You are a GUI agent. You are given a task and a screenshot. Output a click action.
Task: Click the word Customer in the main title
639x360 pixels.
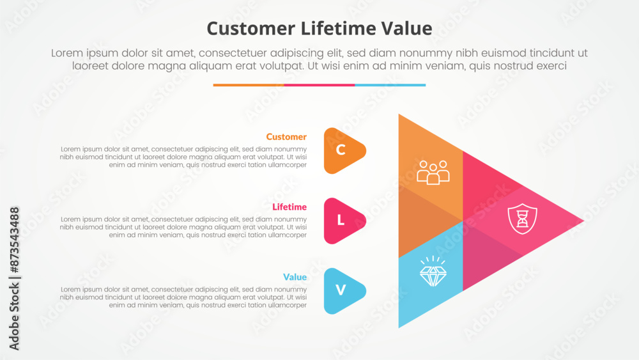coord(250,29)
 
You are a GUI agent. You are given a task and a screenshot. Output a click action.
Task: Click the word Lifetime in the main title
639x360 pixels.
coord(338,29)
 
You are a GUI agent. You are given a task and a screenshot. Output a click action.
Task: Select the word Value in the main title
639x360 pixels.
coord(406,29)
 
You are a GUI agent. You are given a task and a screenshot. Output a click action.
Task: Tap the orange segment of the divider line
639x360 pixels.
coord(249,85)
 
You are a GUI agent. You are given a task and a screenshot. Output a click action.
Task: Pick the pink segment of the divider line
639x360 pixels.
coord(319,85)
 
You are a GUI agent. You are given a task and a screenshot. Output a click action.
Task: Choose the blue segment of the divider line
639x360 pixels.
coord(390,85)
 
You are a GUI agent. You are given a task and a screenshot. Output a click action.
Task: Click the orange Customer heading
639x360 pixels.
coord(286,137)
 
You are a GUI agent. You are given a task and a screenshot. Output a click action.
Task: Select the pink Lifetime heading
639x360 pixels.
coord(289,207)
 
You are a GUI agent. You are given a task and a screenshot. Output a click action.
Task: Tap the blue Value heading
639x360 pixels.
coord(295,278)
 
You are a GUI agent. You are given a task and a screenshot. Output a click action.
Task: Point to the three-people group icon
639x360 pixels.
coord(433,173)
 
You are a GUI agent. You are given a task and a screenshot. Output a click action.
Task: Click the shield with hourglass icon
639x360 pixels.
coord(522,219)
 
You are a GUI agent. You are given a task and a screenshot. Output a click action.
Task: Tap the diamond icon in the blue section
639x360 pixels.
coord(433,272)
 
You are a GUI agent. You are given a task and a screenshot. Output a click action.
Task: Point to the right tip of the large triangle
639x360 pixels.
coord(584,221)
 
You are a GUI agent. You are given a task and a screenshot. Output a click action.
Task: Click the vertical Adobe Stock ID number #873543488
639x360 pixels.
coord(14,240)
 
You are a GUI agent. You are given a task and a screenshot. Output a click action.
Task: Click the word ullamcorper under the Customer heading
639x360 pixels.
coord(286,165)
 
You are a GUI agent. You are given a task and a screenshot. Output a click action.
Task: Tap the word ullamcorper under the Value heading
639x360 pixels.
coord(286,306)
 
